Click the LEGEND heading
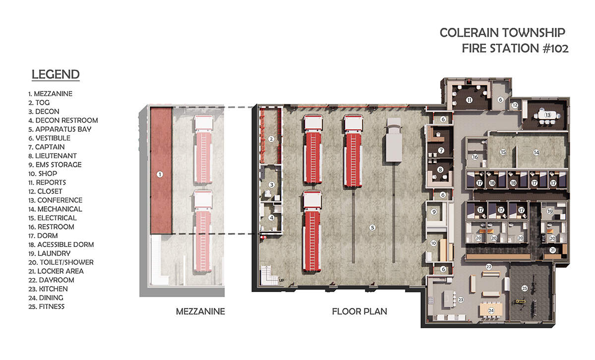56,74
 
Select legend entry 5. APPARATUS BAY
60,129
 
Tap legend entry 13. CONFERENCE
55,200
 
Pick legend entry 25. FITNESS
47,306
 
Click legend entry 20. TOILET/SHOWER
61,262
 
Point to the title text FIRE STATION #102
515,49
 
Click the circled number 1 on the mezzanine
160,174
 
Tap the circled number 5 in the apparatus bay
372,228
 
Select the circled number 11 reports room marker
469,100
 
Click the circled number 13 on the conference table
548,115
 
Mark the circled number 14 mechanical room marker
536,153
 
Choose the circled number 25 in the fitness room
525,288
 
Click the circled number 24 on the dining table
491,310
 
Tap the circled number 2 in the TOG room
271,139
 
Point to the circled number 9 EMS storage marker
434,212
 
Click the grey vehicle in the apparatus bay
394,140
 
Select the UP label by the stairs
281,280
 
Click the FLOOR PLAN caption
359,311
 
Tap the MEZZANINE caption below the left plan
200,311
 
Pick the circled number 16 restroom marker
475,157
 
